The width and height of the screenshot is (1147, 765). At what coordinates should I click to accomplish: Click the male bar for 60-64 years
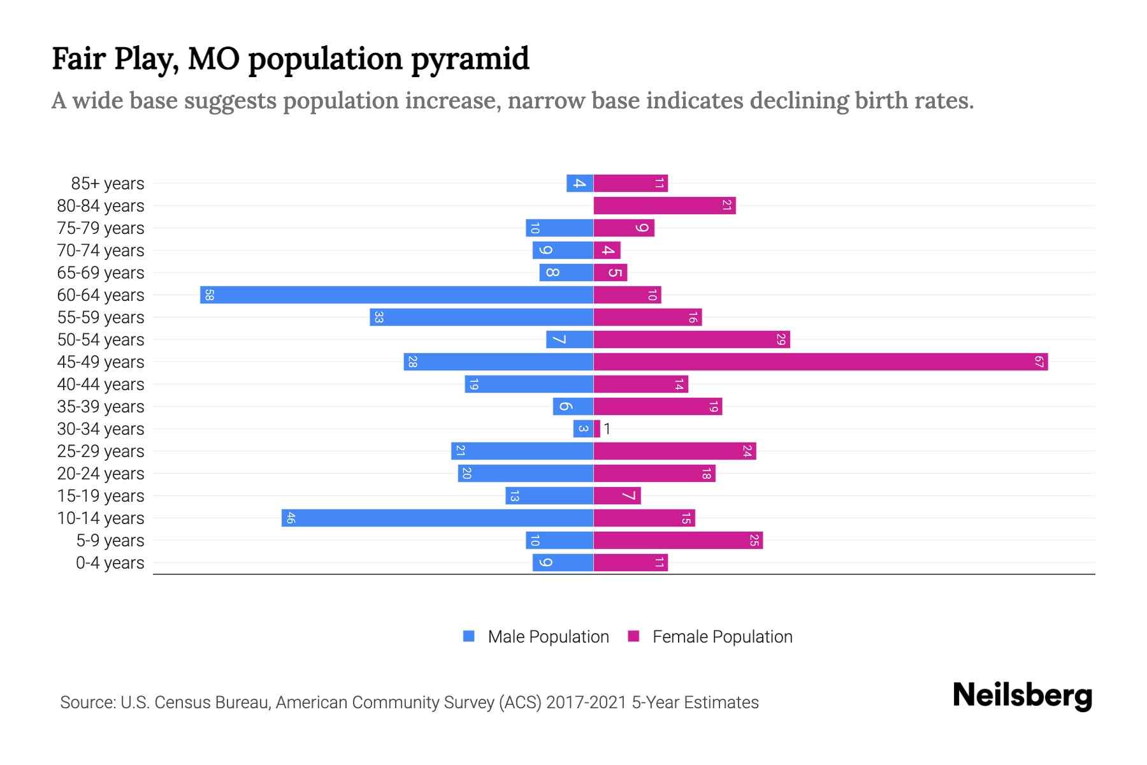396,295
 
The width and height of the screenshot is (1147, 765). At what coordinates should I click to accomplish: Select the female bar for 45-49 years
821,362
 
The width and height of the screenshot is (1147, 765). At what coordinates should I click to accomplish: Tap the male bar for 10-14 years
437,518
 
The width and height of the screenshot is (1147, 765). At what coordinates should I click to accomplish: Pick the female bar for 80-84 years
665,206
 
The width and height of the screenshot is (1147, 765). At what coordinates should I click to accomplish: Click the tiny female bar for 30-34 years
597,429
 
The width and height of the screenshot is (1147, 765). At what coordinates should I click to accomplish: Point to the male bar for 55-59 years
481,317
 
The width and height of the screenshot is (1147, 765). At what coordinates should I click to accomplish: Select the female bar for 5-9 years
678,541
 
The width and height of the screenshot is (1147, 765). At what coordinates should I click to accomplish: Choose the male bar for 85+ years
580,184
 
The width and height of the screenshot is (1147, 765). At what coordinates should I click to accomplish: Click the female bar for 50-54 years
691,340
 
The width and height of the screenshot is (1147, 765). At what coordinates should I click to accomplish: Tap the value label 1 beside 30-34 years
607,429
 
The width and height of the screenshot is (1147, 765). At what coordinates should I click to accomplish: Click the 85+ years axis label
108,184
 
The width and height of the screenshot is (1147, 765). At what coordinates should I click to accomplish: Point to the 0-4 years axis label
110,563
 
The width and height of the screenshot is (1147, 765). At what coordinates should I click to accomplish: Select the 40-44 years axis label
101,384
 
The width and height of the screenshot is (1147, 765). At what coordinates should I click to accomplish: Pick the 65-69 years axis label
101,273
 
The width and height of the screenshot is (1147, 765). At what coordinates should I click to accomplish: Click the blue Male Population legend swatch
469,636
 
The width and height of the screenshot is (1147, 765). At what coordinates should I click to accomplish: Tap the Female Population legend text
722,637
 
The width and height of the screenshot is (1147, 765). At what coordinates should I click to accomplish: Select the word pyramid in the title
470,59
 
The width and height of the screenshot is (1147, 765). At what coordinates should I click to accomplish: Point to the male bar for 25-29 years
522,451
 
